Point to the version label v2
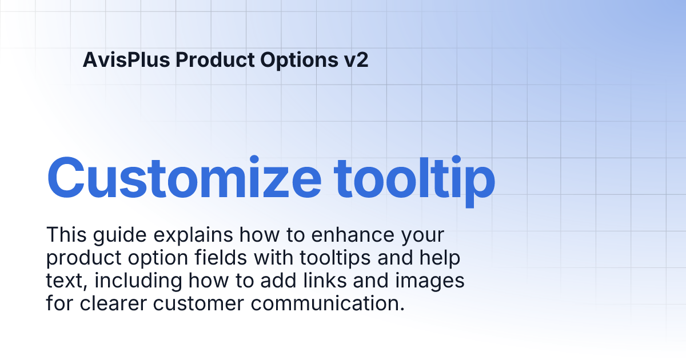357,59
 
